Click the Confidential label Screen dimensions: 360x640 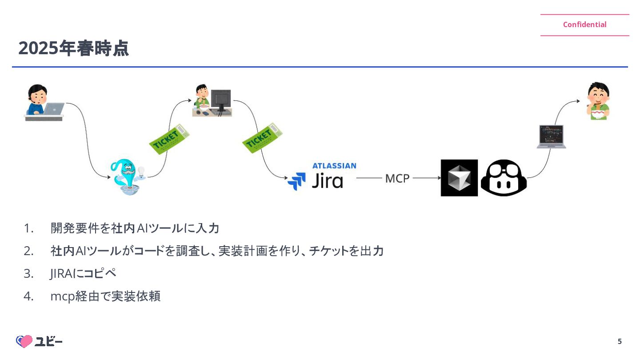pos(584,25)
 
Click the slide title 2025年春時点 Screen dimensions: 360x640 pos(73,48)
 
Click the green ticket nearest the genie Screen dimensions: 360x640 pos(169,139)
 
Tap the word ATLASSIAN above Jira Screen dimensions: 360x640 pos(334,166)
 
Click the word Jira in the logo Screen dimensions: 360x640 pos(327,181)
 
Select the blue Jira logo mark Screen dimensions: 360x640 pos(296,181)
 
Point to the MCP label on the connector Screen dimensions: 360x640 pos(397,179)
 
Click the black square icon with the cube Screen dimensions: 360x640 pos(459,178)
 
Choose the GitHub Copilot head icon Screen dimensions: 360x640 pos(504,178)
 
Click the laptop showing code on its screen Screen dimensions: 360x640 pos(551,136)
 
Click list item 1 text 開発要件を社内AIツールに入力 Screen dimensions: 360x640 pos(135,228)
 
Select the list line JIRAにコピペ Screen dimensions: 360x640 pos(83,273)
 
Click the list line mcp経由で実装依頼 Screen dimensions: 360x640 pos(105,296)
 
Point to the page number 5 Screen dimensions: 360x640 pos(620,342)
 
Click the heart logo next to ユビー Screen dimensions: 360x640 pos(25,341)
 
